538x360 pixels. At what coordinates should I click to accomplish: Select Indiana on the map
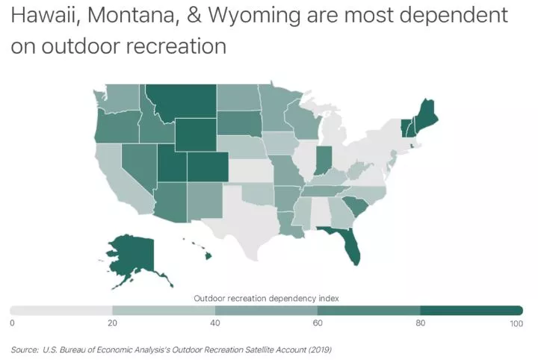click(x=323, y=159)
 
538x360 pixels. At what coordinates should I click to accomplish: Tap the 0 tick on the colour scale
click(x=13, y=323)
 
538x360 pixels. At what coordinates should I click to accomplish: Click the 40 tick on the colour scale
click(x=215, y=323)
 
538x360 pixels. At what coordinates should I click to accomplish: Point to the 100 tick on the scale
click(x=516, y=323)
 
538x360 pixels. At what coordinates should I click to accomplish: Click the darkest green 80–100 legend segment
click(x=471, y=310)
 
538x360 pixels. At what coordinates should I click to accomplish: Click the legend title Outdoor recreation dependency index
click(x=266, y=297)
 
